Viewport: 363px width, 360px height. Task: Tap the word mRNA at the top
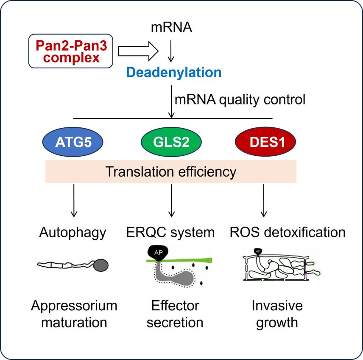coord(171,28)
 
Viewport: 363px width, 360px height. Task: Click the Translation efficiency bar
coord(170,172)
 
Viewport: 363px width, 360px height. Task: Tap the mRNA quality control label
coord(240,100)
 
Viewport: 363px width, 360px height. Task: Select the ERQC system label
coord(170,232)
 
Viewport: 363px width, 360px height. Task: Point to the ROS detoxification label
coord(288,232)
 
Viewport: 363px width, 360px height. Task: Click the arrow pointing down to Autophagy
coord(75,200)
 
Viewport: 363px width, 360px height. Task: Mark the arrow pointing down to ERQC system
coord(172,200)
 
